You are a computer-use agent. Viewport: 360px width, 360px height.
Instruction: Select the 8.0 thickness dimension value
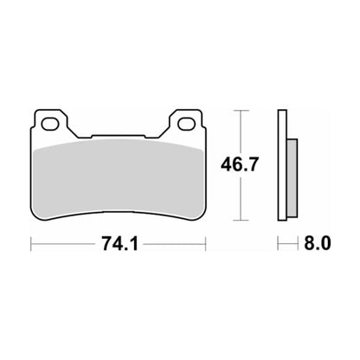click(317, 245)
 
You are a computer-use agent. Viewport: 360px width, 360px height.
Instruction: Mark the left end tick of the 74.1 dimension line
click(32, 245)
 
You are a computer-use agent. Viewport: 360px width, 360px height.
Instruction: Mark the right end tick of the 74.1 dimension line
click(206, 245)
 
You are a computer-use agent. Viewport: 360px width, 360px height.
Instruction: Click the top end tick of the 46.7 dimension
click(241, 111)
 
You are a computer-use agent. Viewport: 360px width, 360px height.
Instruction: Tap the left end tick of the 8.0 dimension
click(278, 245)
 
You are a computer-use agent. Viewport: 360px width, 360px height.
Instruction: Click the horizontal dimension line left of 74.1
click(65, 245)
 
